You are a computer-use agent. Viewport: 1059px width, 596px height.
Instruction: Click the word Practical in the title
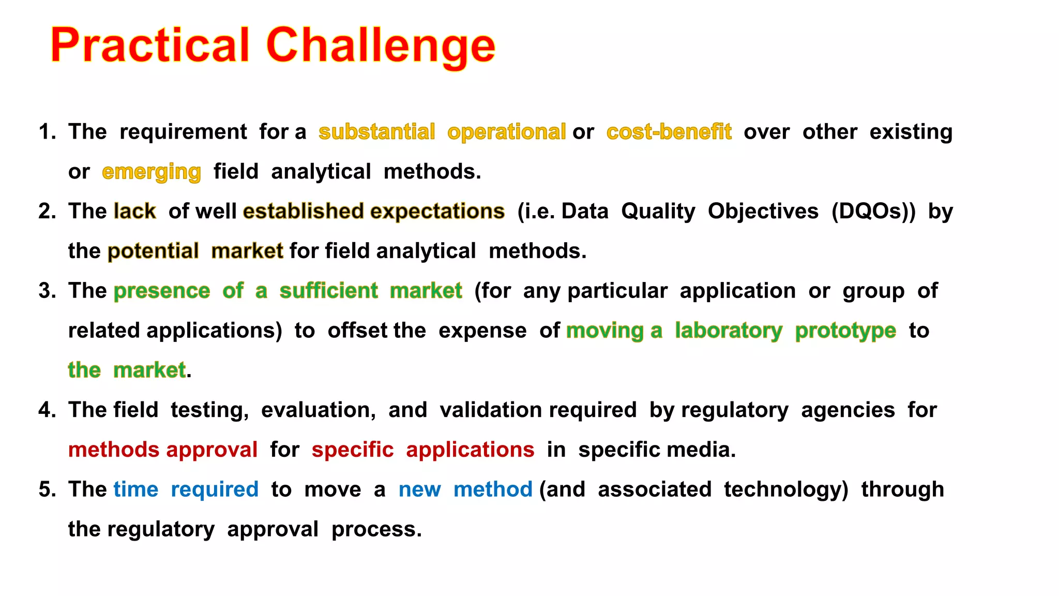click(150, 46)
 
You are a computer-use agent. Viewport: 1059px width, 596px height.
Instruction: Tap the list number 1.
click(47, 132)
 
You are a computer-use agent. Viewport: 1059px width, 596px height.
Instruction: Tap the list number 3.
click(47, 291)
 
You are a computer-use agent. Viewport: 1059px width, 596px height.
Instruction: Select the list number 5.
click(47, 489)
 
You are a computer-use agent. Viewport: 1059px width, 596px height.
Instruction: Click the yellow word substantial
click(376, 132)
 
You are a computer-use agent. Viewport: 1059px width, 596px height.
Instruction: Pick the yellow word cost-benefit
click(669, 132)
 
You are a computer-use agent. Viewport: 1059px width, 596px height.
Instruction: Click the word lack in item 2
click(134, 211)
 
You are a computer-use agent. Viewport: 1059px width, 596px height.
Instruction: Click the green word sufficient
click(328, 291)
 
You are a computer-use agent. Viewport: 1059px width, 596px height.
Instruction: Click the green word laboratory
click(729, 331)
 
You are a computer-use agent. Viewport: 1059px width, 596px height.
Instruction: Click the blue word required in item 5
click(215, 489)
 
